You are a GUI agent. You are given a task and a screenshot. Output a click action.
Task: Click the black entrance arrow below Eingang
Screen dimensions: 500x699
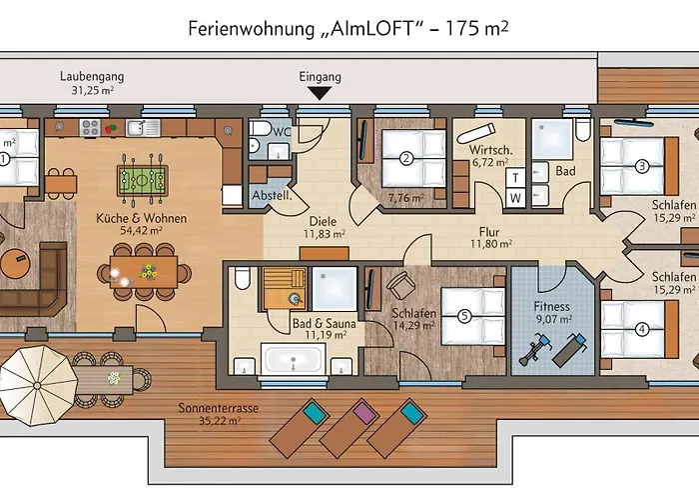coord(320,93)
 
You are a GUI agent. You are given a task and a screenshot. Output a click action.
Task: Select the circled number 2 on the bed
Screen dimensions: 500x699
coord(406,157)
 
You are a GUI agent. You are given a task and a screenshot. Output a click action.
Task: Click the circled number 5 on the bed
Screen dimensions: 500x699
coord(463,314)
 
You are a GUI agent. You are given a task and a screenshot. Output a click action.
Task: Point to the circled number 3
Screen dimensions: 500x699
coord(642,166)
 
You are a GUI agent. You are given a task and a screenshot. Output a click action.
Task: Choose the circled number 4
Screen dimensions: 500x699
coord(642,326)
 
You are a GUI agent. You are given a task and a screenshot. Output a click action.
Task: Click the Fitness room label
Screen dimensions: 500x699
coord(551,307)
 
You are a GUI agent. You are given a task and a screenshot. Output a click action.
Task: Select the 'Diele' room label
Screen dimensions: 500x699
coord(322,221)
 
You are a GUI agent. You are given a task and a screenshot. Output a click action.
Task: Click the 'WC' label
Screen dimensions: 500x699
coord(283,130)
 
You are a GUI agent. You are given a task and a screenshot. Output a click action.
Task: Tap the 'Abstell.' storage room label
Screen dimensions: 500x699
coord(271,196)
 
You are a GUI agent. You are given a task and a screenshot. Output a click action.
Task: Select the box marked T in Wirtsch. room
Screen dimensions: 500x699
coord(515,176)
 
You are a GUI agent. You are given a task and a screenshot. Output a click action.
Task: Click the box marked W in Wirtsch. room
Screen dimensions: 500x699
coord(515,196)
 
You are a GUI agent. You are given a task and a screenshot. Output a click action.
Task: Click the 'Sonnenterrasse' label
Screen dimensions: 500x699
coord(214,408)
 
